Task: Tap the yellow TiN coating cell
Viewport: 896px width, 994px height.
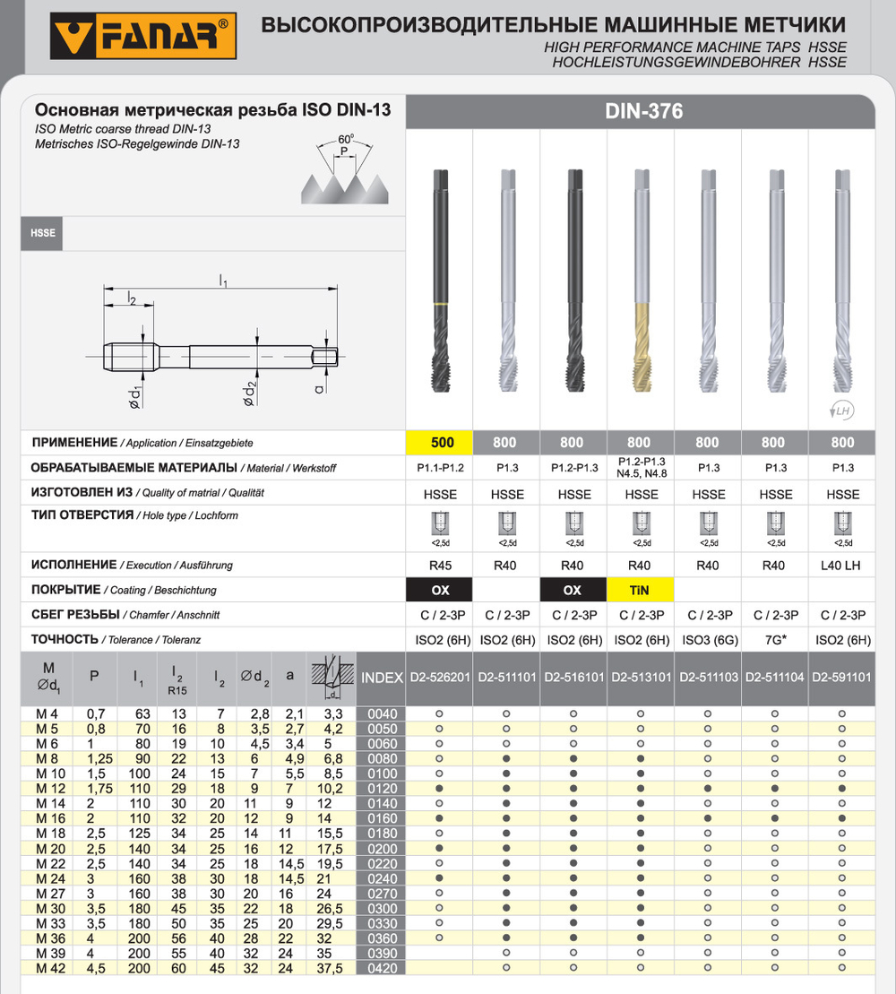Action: coord(639,590)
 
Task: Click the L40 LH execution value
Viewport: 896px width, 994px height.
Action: coord(841,566)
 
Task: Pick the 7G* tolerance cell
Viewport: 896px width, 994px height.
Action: coord(774,640)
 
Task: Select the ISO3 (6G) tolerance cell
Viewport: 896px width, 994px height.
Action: coord(708,640)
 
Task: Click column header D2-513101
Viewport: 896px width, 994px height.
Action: coord(640,679)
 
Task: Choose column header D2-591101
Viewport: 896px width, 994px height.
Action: coord(841,679)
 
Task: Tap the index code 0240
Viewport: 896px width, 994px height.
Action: coord(382,878)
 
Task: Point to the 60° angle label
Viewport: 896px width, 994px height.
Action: coord(345,139)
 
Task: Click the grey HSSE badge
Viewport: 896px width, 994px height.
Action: coord(41,233)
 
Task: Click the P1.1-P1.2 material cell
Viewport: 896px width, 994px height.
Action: coord(439,468)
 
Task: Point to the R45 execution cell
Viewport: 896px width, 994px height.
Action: coord(439,566)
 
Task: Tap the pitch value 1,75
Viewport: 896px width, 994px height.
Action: coord(95,788)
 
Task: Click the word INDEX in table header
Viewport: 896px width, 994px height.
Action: coord(382,679)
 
